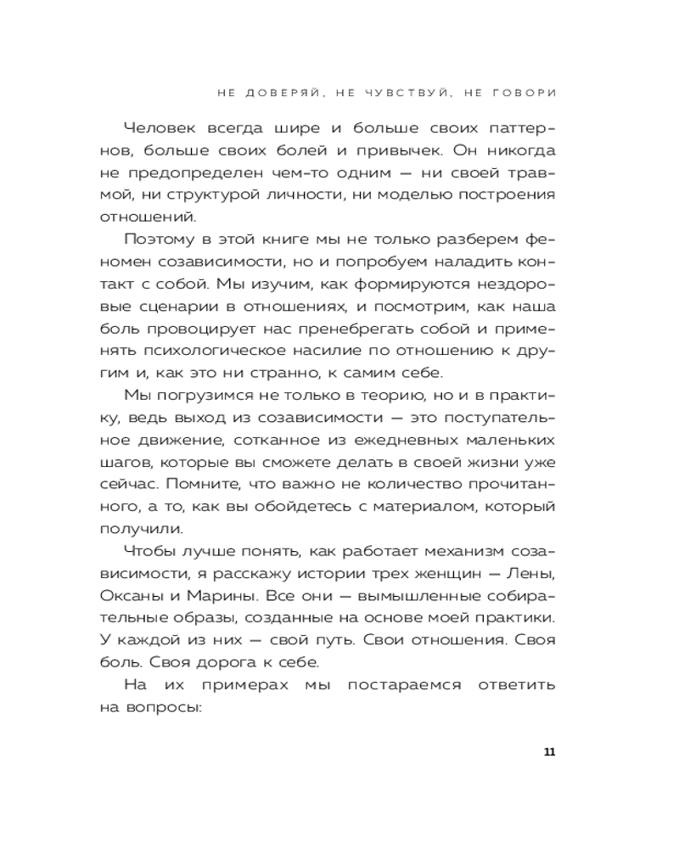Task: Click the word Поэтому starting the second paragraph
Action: click(157, 239)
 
